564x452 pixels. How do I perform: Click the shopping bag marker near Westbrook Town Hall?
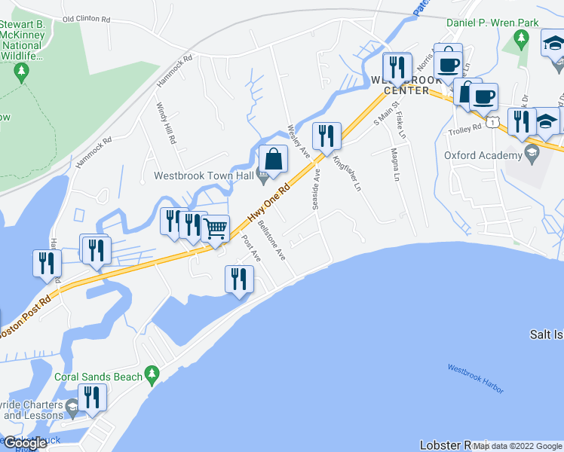[x=273, y=160]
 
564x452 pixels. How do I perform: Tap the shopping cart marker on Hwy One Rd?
[x=216, y=228]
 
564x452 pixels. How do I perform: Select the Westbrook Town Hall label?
[x=201, y=176]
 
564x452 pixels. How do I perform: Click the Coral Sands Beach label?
[x=98, y=375]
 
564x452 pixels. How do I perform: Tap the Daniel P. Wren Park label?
[x=492, y=23]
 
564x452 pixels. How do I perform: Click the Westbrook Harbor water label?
[x=475, y=378]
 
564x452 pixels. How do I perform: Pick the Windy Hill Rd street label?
[x=166, y=124]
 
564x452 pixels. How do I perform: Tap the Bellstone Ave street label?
[x=271, y=240]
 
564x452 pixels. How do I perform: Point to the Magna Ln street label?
[x=394, y=163]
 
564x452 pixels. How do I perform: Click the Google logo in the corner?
[x=25, y=443]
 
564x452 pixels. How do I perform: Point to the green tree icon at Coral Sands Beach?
[x=152, y=374]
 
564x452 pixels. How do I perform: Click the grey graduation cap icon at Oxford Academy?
[x=531, y=155]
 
